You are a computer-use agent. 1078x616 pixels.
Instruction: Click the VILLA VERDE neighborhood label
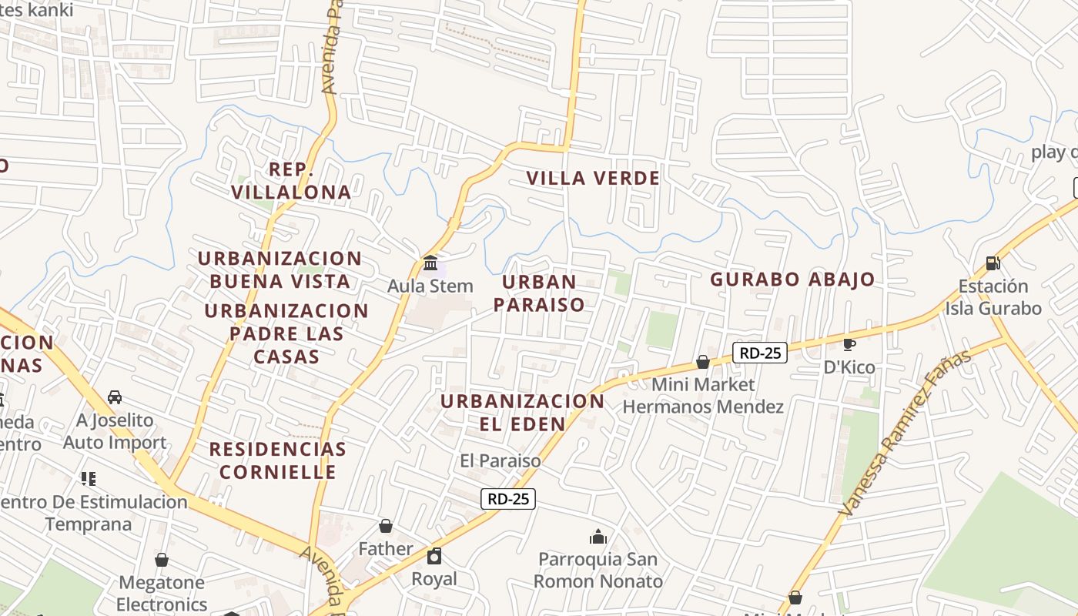coord(593,178)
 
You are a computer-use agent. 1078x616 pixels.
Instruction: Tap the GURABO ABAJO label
coord(792,279)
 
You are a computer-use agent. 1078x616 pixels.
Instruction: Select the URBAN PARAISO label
coord(539,293)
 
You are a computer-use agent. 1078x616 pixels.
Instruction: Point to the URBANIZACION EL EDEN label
coord(523,412)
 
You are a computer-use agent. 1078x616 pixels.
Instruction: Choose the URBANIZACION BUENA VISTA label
coord(280,269)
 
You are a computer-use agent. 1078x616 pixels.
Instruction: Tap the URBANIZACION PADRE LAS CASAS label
coord(286,333)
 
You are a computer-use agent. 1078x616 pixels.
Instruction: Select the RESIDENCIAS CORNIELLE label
coord(277,460)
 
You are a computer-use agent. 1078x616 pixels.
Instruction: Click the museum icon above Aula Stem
coord(430,262)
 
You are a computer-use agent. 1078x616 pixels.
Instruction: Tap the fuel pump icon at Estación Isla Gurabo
coord(993,263)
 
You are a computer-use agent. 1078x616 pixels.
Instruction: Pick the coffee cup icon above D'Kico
coord(849,344)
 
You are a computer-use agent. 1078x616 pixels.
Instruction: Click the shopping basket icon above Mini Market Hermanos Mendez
coord(702,361)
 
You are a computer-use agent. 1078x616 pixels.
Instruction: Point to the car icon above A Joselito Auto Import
coord(115,397)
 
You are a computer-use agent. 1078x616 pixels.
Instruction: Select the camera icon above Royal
coord(434,556)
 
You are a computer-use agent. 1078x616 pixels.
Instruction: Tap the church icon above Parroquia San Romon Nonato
coord(598,537)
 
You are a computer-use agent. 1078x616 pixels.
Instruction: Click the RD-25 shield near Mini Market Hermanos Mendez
coord(759,353)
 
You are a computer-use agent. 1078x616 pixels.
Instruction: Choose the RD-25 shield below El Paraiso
coord(508,498)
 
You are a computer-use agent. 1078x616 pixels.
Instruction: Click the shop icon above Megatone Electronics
coord(162,560)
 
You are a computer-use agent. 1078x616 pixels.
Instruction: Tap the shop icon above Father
coord(385,526)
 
